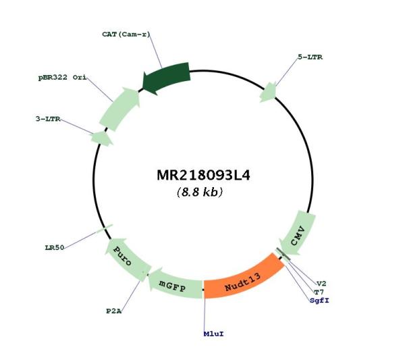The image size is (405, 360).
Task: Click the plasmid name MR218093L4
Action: coord(203,176)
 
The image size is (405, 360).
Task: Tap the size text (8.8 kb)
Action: coord(200,192)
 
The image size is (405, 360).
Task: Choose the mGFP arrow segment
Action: coord(174,284)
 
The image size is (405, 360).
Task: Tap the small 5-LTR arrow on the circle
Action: coord(268,93)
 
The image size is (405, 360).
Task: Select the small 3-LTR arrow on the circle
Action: coord(101,138)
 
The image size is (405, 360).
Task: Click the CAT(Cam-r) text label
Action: coord(126,34)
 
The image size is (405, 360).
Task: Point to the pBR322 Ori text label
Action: coord(62,77)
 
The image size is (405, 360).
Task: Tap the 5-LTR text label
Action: coord(310,57)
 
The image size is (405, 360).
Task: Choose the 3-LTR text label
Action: coord(48,119)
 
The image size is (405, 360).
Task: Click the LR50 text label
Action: coord(55,248)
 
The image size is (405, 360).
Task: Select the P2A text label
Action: coord(114,311)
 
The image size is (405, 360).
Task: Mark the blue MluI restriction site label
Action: coord(213,334)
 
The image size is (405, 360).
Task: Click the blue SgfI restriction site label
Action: coord(319,301)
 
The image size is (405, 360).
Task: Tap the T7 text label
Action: coord(319,292)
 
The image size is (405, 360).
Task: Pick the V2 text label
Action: coord(321,284)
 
